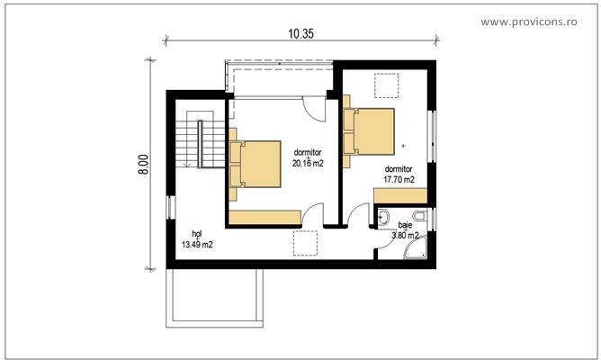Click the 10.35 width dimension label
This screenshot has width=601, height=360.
300,33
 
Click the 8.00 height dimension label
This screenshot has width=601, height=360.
143,163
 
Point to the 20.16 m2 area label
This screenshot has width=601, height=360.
308,164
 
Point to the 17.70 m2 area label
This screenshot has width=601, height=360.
399,179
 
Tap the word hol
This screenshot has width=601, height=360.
196,233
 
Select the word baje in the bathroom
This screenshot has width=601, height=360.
405,227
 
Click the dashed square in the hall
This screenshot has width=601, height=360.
306,244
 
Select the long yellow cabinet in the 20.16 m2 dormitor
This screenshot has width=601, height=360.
265,216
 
